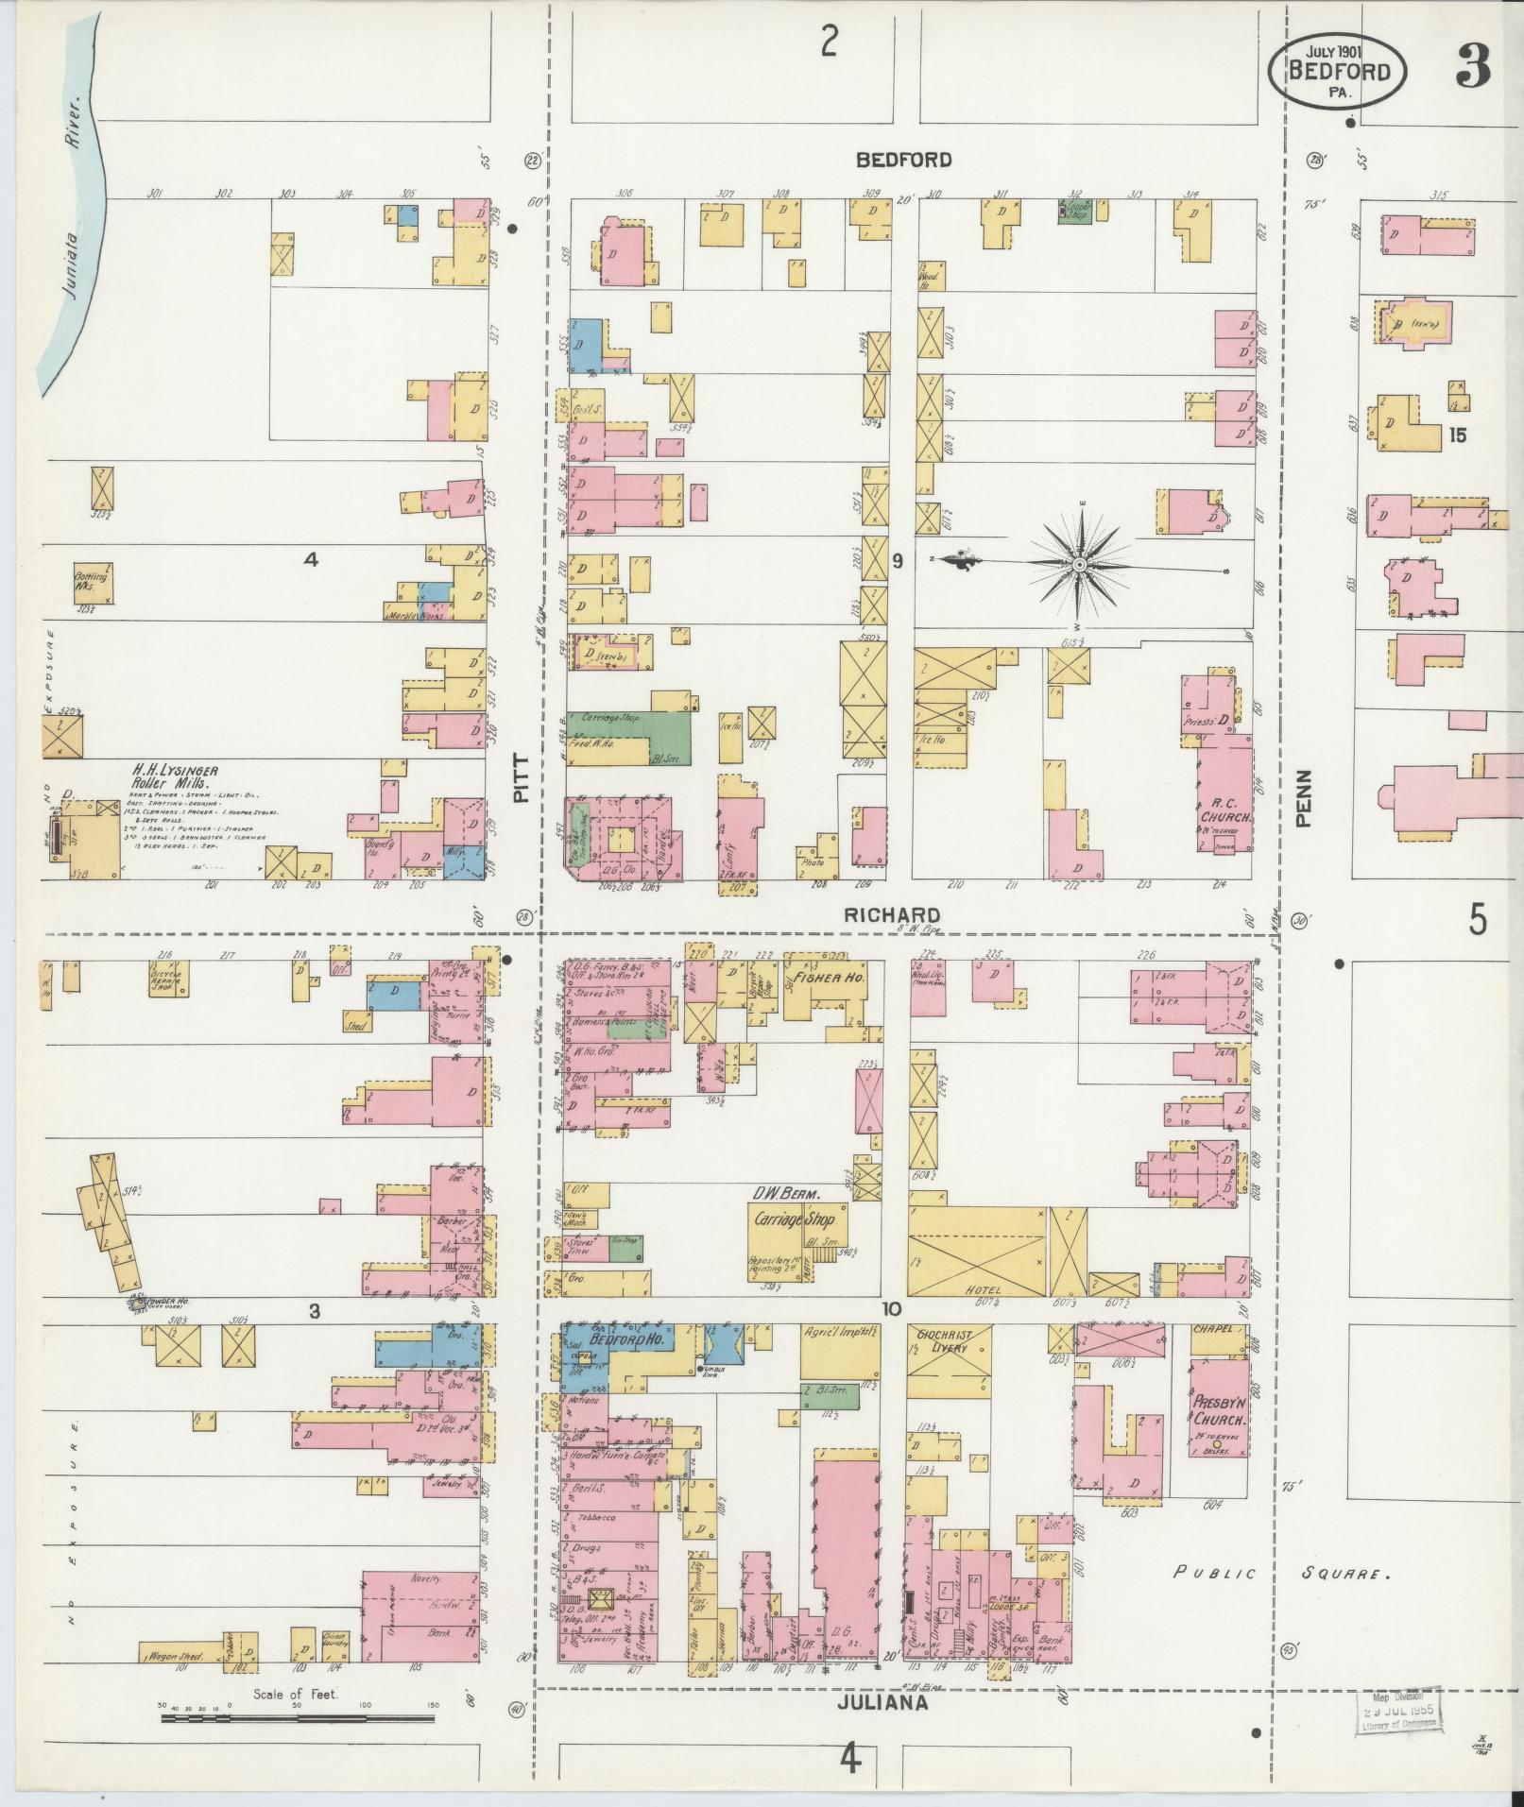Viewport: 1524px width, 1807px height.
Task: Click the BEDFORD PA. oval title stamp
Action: click(1336, 72)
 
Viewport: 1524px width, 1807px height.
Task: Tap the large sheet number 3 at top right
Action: click(1472, 67)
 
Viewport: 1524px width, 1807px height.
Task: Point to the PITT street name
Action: click(521, 784)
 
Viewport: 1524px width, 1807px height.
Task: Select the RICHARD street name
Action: click(892, 915)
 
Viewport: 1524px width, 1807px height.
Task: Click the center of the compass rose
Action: click(1078, 564)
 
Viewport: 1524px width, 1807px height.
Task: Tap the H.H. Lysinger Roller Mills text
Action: click(178, 776)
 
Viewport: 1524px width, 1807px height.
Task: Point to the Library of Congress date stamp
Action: click(1400, 1710)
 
